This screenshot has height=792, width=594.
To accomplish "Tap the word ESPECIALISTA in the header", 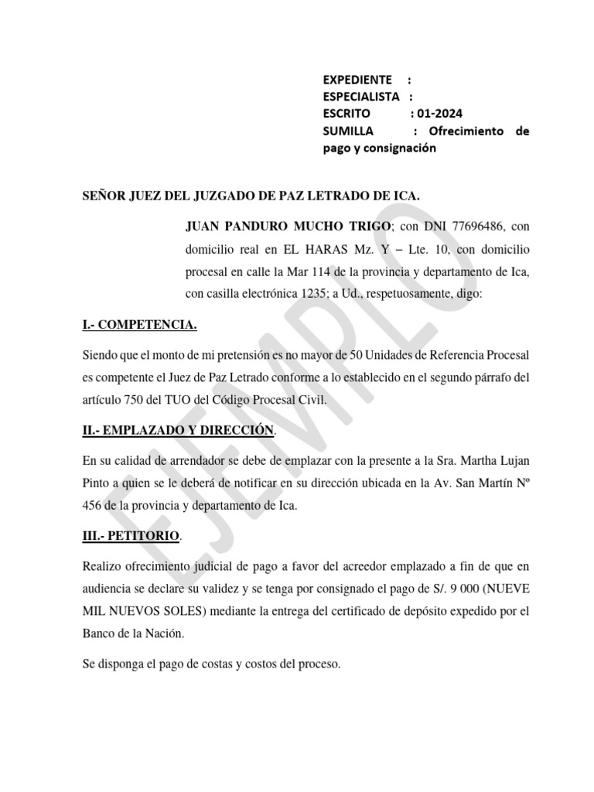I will (x=361, y=97).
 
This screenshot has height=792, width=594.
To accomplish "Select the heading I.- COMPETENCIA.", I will (x=139, y=325).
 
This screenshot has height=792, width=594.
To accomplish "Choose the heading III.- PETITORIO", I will (x=131, y=534).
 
